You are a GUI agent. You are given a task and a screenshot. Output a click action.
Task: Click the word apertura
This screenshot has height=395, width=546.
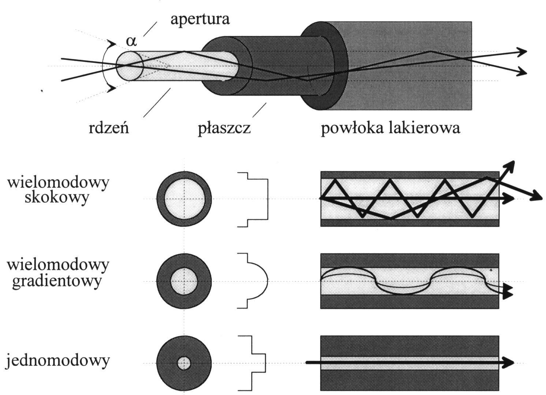coord(200,19)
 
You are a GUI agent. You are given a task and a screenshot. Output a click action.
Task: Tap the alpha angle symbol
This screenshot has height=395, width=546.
coord(131,41)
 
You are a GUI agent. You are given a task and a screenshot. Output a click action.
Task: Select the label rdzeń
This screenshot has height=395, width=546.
coord(109,128)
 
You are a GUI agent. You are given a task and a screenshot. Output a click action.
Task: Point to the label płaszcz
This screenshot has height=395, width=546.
coord(224,128)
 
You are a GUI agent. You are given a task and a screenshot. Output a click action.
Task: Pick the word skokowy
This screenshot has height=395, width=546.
coord(57,197)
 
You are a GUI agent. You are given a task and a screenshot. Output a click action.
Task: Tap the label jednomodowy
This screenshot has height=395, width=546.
coord(57,361)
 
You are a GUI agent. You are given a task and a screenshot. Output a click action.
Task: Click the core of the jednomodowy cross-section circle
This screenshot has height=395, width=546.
coord(184,364)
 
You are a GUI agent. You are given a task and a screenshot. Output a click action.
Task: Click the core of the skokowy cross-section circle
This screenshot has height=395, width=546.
coord(184,199)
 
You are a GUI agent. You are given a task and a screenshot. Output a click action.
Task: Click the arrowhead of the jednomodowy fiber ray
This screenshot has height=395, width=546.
coord(508,362)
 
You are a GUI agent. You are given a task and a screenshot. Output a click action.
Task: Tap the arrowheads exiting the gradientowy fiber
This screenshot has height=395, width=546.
coord(508,291)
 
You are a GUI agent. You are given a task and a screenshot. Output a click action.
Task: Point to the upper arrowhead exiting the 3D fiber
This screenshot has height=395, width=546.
coord(522,51)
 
